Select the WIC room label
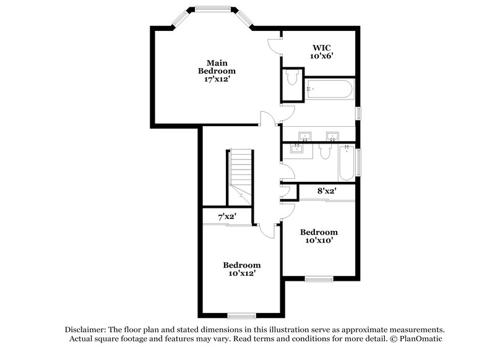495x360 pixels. pos(322,47)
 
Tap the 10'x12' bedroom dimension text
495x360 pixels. pos(242,272)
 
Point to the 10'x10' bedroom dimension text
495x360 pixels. pos(319,240)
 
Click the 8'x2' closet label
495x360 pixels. pos(326,191)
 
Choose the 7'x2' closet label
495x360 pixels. pos(226,217)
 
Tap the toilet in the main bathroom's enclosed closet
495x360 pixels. pos(292,79)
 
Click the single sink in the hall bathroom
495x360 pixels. pos(298,148)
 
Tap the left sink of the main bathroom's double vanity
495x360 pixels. pos(304,136)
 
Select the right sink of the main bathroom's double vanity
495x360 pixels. pos(332,136)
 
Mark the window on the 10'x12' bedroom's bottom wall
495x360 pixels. pos(241,315)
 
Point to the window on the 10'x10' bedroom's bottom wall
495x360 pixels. pos(319,279)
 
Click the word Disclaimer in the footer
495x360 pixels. pos(85,330)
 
